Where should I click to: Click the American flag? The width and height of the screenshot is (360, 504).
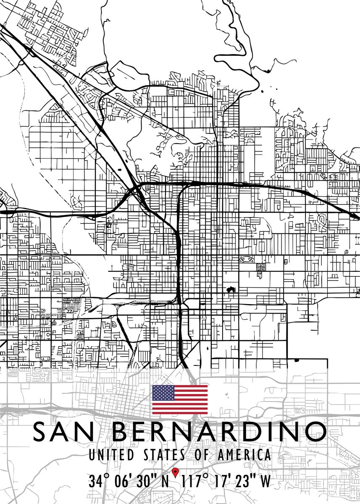[180, 399]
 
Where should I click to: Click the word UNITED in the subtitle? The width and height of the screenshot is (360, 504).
[111, 455]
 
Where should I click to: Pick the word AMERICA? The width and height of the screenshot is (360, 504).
[244, 455]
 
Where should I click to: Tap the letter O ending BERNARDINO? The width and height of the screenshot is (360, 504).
[315, 431]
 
